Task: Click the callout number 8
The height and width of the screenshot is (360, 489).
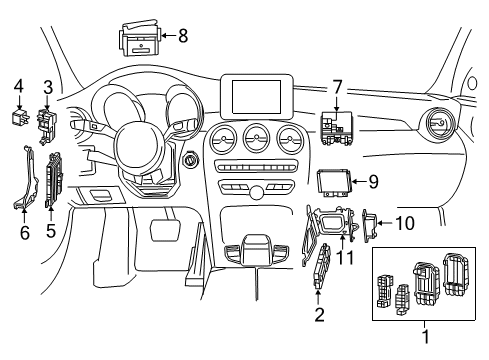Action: click(183, 35)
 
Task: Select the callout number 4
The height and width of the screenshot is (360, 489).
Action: click(19, 86)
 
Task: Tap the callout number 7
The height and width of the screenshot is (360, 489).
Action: click(337, 87)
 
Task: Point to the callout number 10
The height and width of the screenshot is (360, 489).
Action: click(405, 223)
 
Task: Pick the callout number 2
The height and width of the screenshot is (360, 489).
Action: click(319, 315)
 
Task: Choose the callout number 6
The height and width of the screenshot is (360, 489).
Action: click(25, 232)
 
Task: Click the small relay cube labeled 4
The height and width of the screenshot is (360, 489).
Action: click(20, 117)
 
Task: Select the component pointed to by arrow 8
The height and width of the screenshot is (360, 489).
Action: click(140, 38)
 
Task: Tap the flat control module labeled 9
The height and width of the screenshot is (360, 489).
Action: click(333, 183)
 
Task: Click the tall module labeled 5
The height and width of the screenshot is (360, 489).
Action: click(53, 180)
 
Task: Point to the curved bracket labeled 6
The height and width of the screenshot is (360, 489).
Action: click(28, 178)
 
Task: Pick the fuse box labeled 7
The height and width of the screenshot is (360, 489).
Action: click(337, 128)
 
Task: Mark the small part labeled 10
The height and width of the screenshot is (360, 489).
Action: click(370, 225)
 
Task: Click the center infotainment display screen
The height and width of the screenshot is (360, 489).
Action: click(256, 96)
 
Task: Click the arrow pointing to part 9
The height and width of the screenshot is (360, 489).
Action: click(359, 181)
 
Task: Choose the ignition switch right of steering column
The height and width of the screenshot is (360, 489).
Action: click(191, 160)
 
